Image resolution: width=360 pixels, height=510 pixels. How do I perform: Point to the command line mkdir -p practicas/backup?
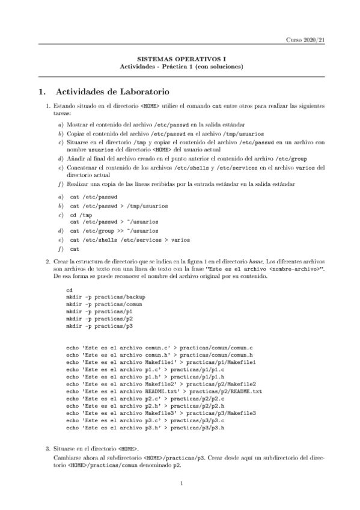[x=106, y=296]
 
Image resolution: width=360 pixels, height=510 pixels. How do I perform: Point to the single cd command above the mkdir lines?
[x=70, y=289]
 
